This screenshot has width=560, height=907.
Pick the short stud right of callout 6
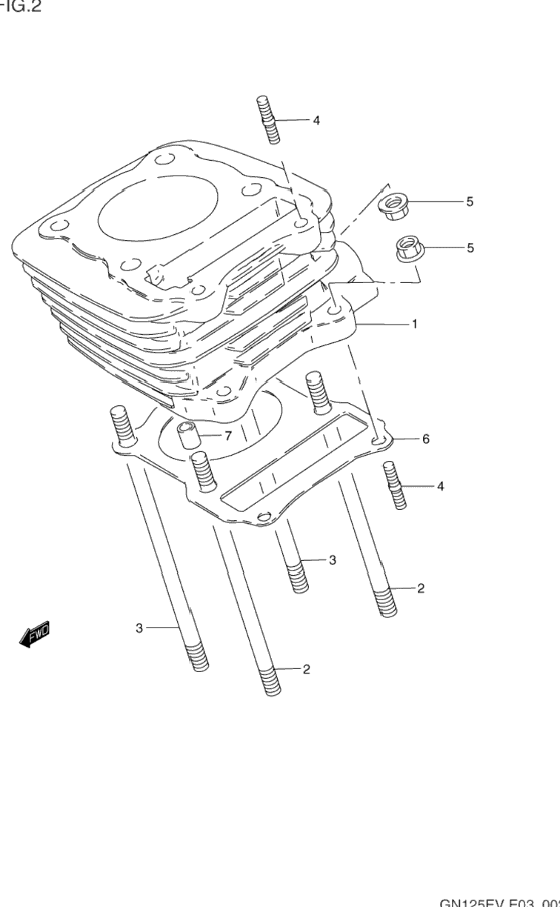[x=395, y=485]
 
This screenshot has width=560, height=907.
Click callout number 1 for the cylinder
[x=415, y=324]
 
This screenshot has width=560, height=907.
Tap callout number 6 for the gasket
[x=426, y=439]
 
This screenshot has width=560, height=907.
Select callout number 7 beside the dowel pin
[x=227, y=435]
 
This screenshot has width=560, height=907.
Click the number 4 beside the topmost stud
[x=316, y=120]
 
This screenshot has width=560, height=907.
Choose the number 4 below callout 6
[x=440, y=486]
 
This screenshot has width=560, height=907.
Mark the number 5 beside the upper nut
[x=470, y=202]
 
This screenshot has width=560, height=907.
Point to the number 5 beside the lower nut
[x=470, y=247]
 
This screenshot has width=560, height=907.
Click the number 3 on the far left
[x=139, y=628]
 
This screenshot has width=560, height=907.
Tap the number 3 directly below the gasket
[x=332, y=560]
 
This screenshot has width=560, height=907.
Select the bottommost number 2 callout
[x=306, y=669]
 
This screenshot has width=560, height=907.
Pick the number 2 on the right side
[x=420, y=588]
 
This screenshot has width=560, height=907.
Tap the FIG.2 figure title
[x=21, y=7]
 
